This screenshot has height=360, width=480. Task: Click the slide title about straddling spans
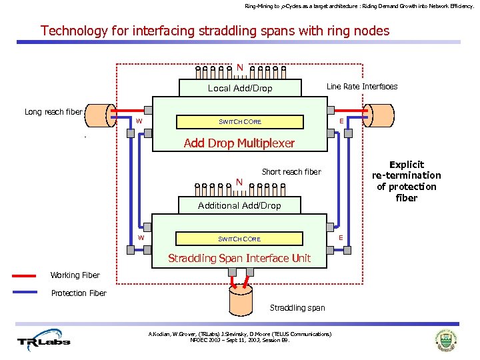click(x=215, y=31)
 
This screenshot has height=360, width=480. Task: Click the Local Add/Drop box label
click(x=240, y=88)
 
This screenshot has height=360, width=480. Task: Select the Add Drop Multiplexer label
click(x=238, y=143)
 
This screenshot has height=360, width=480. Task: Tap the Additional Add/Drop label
click(x=239, y=205)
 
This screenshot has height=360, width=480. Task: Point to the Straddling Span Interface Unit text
click(x=239, y=258)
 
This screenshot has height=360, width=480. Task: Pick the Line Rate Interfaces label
click(x=361, y=87)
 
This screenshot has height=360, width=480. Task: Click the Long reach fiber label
click(x=53, y=112)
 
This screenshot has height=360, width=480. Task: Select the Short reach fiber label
click(x=291, y=171)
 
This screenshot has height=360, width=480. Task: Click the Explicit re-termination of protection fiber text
click(x=406, y=181)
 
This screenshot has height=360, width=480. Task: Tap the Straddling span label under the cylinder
click(x=297, y=307)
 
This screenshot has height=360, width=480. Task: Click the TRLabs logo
click(x=43, y=341)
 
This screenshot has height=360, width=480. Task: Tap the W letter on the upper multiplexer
click(x=139, y=121)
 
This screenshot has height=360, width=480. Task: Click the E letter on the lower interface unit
click(x=341, y=237)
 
